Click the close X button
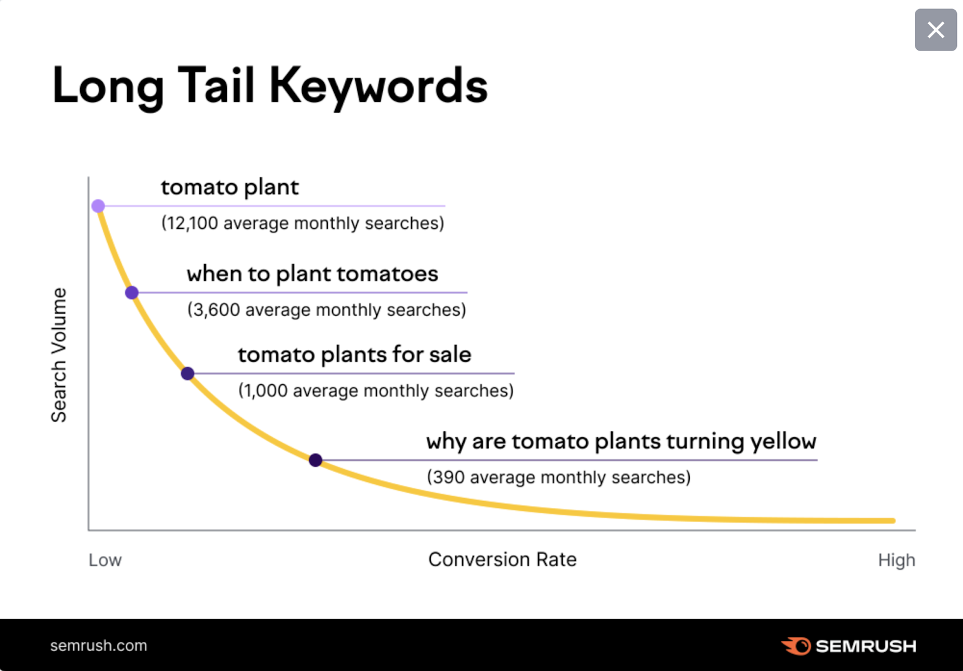(936, 30)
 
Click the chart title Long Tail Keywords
(270, 87)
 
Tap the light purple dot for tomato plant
(98, 206)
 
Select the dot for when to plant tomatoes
(132, 293)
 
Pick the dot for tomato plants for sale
(187, 373)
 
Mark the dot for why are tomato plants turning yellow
(315, 460)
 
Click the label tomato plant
(230, 188)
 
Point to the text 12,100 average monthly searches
(303, 223)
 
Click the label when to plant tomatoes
(312, 275)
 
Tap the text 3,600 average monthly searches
(327, 310)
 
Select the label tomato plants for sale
(355, 355)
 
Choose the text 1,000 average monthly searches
(376, 390)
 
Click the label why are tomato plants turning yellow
(621, 442)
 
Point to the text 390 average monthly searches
(559, 478)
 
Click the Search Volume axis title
(59, 355)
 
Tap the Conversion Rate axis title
(503, 560)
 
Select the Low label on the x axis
(105, 560)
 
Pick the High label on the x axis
(897, 560)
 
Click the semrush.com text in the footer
(99, 646)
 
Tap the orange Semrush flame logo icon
(796, 646)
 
